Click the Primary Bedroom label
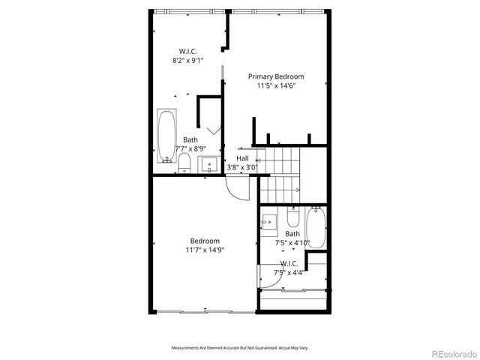pyautogui.click(x=276, y=76)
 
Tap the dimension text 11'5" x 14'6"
pyautogui.click(x=276, y=86)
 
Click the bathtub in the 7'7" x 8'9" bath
pyautogui.click(x=166, y=136)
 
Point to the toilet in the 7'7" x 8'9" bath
pyautogui.click(x=184, y=164)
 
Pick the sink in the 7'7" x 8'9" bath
pyautogui.click(x=211, y=164)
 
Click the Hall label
pyautogui.click(x=242, y=158)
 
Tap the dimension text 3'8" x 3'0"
pyautogui.click(x=242, y=167)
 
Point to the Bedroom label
pyautogui.click(x=205, y=241)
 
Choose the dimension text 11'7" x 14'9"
pyautogui.click(x=205, y=250)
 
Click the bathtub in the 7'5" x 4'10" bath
pyautogui.click(x=316, y=227)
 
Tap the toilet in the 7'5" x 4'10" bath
pyautogui.click(x=293, y=219)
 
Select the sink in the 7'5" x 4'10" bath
pyautogui.click(x=269, y=222)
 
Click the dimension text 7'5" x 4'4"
pyautogui.click(x=289, y=272)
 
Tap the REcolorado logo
pyautogui.click(x=451, y=353)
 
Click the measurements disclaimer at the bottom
pyautogui.click(x=239, y=349)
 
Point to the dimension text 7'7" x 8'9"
pyautogui.click(x=191, y=148)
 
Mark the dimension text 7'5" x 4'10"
pyautogui.click(x=292, y=242)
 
